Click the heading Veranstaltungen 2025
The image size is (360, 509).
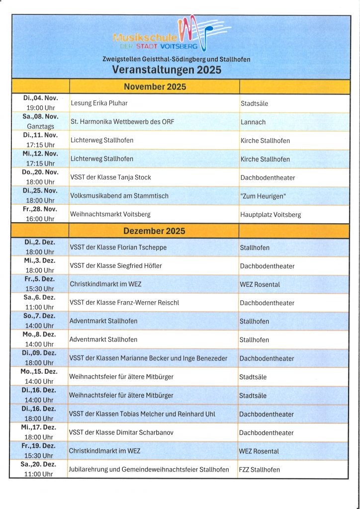click(167, 70)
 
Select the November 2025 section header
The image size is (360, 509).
click(155, 87)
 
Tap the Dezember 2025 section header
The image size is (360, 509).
click(154, 231)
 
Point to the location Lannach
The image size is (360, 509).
click(253, 122)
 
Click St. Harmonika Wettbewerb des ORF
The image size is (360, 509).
click(122, 122)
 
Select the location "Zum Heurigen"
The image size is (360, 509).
click(263, 196)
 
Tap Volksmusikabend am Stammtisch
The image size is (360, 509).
click(119, 196)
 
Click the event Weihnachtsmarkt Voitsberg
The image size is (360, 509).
click(110, 215)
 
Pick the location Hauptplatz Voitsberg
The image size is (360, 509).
click(270, 215)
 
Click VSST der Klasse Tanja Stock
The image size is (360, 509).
click(110, 177)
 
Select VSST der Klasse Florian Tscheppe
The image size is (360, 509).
click(118, 247)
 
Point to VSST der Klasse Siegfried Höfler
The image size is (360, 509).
click(116, 266)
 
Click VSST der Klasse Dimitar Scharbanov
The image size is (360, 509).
click(121, 432)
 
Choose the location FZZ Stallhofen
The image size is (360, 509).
click(260, 470)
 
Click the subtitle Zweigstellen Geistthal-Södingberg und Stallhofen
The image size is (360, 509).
click(176, 59)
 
